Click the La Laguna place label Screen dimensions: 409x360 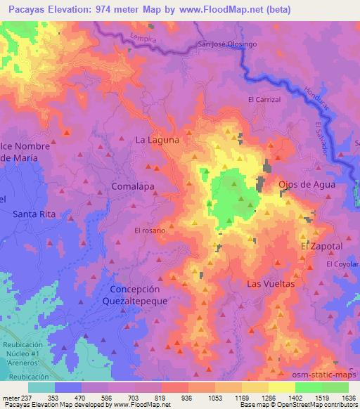click(157, 140)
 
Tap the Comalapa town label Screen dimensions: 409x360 click(133, 186)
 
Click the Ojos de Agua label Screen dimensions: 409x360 click(307, 184)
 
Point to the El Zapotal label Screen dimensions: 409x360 click(321, 247)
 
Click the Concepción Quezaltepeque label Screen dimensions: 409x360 click(135, 295)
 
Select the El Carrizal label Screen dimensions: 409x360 click(264, 100)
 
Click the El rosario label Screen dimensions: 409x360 click(149, 231)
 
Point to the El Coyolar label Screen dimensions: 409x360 click(342, 264)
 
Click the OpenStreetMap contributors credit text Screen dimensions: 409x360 click(320, 405)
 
